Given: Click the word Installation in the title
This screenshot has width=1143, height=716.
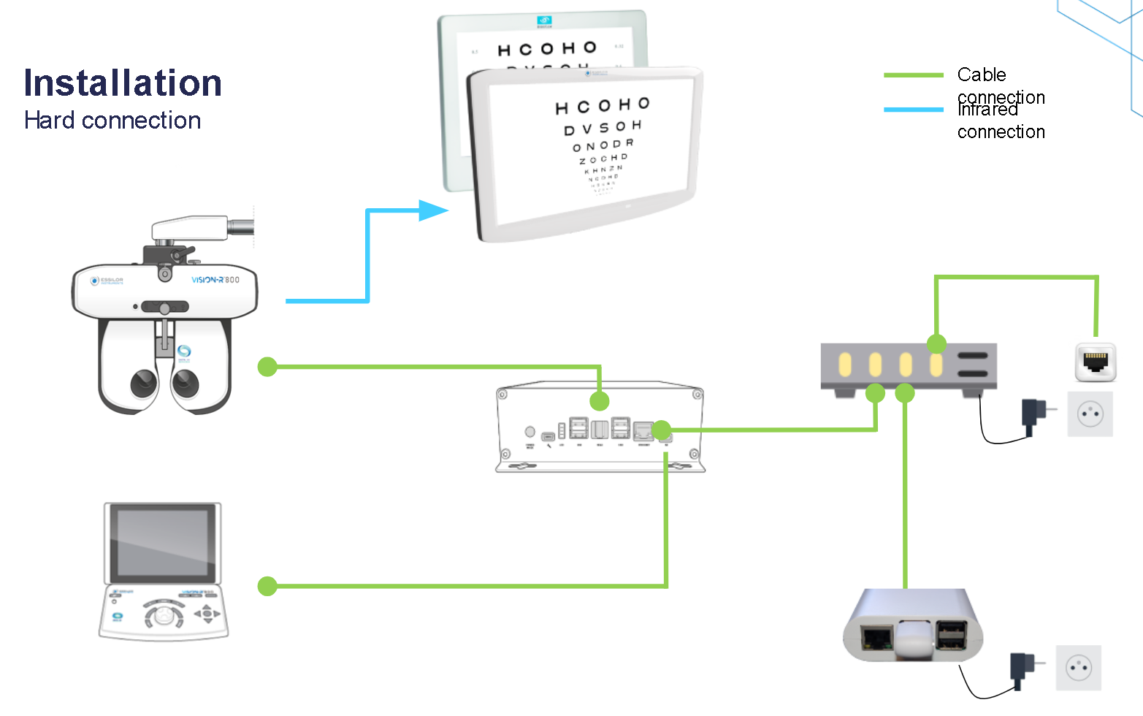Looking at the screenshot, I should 123,83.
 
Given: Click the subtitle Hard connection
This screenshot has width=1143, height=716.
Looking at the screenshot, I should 112,121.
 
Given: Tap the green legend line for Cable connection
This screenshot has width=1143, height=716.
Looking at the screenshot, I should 913,75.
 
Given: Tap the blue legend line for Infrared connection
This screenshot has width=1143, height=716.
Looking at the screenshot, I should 913,110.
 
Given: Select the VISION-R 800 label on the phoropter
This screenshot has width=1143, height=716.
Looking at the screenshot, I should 215,280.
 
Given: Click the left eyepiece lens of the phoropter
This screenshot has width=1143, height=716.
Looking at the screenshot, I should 143,382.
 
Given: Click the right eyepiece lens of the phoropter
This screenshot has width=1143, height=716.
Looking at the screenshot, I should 186,381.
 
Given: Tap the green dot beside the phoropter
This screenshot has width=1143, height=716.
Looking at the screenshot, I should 267,367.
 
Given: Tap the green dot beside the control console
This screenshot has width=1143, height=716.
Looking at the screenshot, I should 267,586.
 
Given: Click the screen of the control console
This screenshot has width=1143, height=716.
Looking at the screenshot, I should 162,542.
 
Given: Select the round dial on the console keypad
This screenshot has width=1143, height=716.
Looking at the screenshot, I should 164,616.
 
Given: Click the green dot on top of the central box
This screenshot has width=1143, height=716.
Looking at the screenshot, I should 600,400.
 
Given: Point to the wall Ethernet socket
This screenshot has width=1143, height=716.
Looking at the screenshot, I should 1095,362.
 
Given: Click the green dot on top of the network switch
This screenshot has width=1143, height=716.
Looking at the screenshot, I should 936,343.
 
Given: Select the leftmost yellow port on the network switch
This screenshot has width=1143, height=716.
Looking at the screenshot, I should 845,364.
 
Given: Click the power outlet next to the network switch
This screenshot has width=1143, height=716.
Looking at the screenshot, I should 1090,414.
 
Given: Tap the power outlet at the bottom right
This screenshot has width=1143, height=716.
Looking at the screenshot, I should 1078,668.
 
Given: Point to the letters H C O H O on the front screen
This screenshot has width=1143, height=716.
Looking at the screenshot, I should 603,107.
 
